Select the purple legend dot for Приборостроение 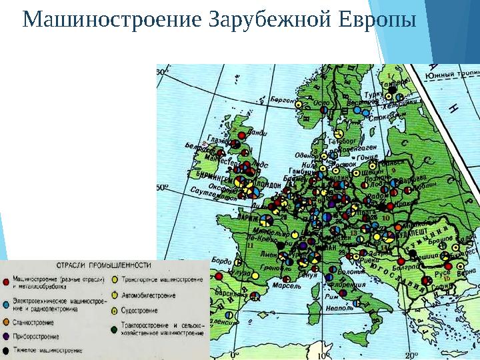pyautogui.click(x=7, y=335)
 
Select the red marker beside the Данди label pyautogui.click(x=242, y=135)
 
